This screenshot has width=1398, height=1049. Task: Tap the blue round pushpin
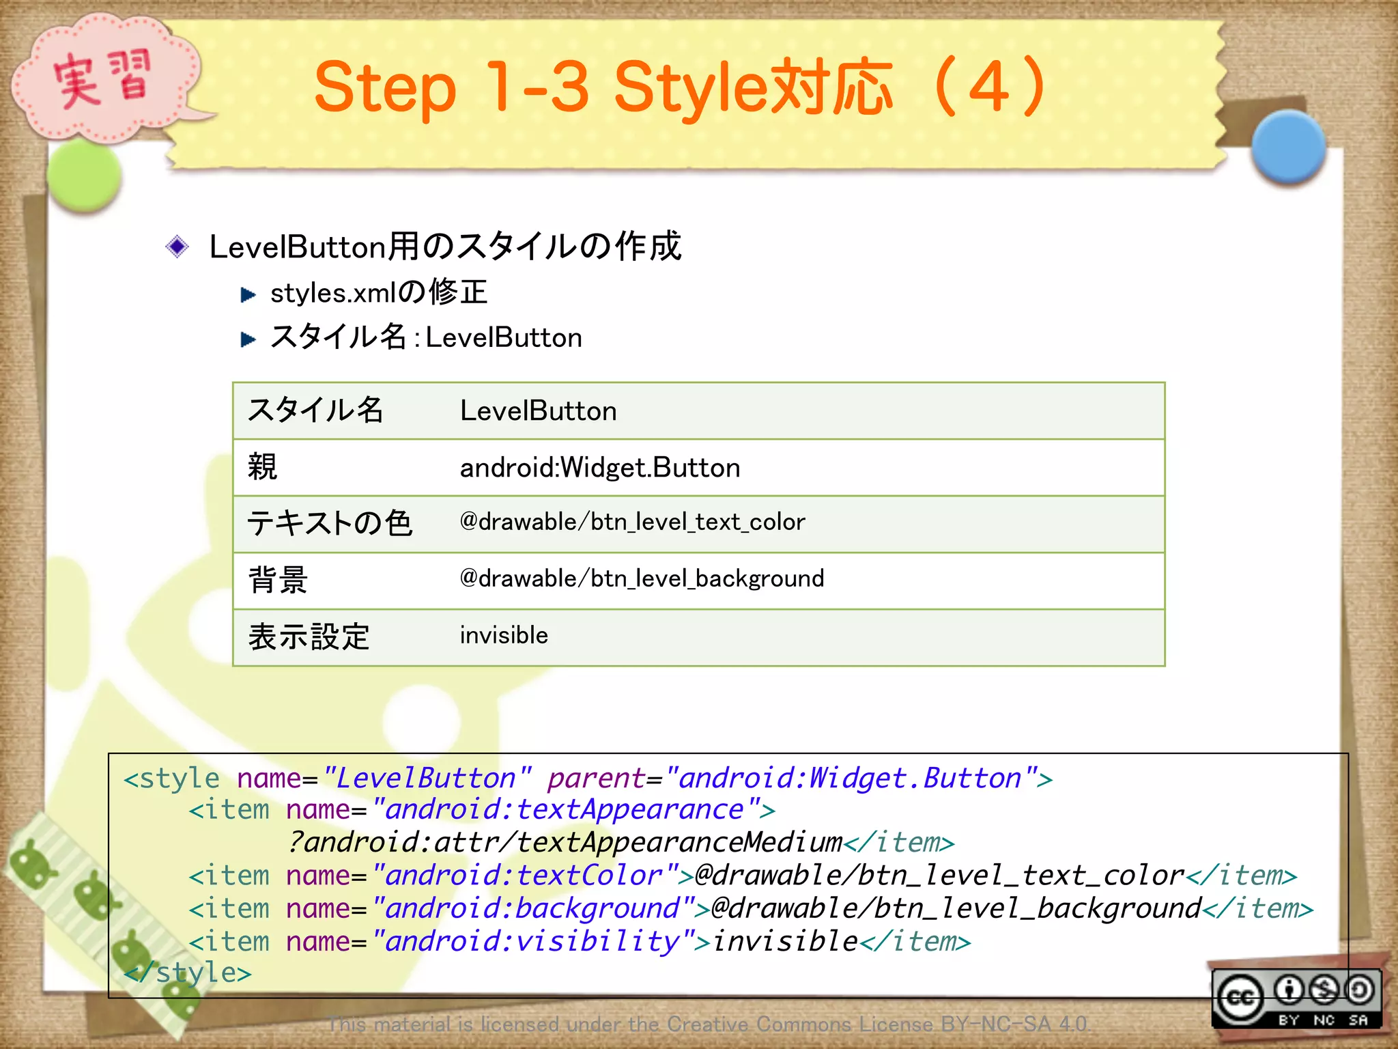1288,148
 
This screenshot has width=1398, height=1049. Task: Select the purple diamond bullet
177,247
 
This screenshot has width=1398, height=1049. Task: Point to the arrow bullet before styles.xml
248,294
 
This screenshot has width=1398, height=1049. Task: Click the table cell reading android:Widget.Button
599,468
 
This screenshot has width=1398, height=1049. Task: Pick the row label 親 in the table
263,468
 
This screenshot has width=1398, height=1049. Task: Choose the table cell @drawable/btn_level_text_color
632,522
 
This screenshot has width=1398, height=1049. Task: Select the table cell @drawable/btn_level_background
642,579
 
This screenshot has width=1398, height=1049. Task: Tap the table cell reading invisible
504,636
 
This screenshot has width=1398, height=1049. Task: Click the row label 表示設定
309,637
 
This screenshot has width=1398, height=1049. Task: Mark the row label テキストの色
330,524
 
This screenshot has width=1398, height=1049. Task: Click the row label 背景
278,581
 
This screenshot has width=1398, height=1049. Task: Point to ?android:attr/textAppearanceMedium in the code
565,843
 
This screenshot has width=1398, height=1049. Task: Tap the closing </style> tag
188,973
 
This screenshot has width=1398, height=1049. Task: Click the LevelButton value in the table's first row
538,411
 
